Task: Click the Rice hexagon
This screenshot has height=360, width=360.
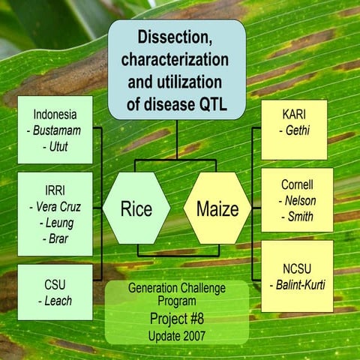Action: (x=136, y=208)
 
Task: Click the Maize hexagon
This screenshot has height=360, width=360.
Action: (x=217, y=208)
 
